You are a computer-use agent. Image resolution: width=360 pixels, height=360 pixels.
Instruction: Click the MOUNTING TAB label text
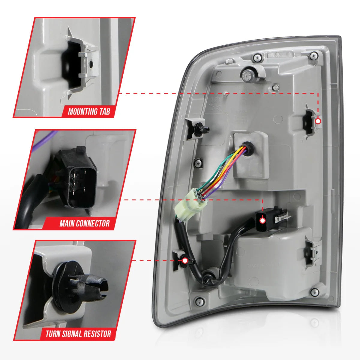[89, 112]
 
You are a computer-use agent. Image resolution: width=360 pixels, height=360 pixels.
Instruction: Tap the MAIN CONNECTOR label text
[84, 223]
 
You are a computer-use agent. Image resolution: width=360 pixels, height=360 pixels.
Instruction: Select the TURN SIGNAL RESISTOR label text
[78, 334]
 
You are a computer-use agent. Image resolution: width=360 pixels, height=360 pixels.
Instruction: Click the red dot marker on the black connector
[262, 220]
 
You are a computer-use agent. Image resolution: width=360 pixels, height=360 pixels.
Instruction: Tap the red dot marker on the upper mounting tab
[318, 121]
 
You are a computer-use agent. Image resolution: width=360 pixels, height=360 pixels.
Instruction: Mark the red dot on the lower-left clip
[185, 260]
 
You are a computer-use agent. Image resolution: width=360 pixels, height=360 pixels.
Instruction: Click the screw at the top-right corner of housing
[314, 55]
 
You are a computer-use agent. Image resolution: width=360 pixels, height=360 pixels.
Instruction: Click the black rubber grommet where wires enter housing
[248, 148]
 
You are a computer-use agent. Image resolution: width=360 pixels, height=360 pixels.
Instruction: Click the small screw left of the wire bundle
[198, 163]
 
